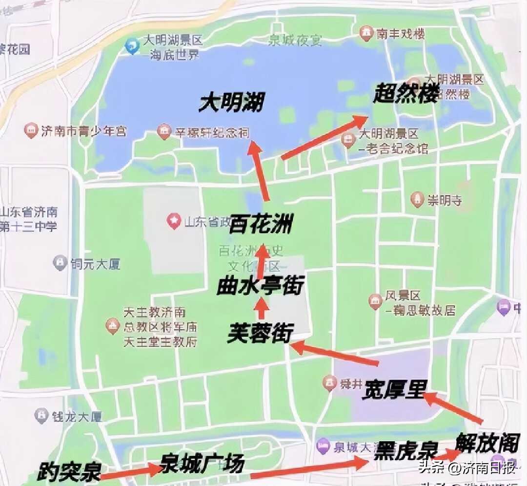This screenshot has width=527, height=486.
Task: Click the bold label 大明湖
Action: click(231, 103)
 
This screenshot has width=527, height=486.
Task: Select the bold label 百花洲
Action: click(262, 224)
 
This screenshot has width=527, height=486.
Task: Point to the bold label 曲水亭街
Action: click(261, 286)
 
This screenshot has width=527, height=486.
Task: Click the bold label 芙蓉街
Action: click(260, 334)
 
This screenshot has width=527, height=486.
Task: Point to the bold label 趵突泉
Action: click(69, 472)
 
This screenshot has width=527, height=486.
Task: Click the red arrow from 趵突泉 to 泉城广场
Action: click(132, 471)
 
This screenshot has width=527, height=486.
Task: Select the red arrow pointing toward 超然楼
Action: click(324, 138)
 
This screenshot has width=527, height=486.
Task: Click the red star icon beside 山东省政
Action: click(173, 221)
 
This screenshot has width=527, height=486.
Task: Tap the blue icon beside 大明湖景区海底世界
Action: click(132, 46)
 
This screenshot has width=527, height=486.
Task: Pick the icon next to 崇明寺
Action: click(416, 199)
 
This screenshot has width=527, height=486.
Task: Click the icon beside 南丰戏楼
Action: click(365, 34)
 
